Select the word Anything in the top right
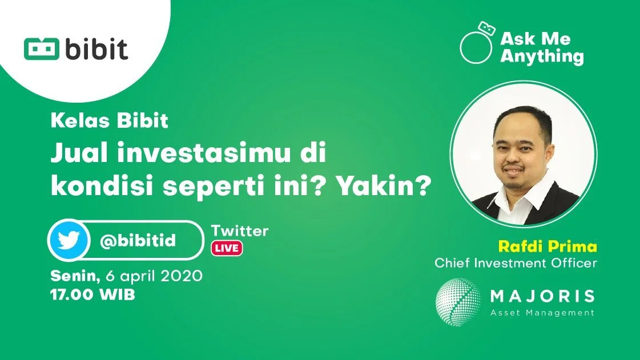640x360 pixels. click(542, 56)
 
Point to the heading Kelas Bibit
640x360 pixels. click(110, 122)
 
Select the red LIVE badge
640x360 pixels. click(227, 248)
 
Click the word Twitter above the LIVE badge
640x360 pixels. click(240, 231)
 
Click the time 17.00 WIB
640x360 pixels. click(93, 296)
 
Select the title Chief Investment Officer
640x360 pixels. click(516, 264)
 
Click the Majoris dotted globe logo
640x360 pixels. click(457, 302)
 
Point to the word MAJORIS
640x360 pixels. click(542, 297)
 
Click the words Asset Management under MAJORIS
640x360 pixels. click(542, 313)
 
